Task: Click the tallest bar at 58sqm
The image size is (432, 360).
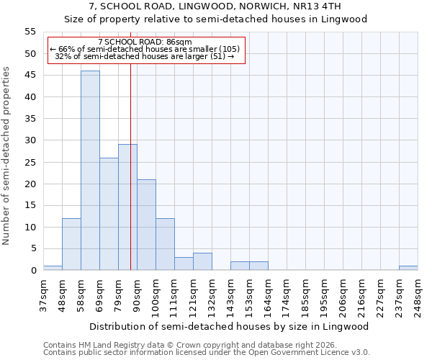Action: [90, 171]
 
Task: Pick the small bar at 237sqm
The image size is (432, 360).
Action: [408, 268]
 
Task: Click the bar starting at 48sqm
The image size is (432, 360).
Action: [71, 244]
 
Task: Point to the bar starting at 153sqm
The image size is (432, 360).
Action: [258, 266]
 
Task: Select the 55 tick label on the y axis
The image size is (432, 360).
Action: [30, 32]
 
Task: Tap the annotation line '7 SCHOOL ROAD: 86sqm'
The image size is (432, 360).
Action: [145, 42]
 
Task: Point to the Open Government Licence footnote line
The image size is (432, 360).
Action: [207, 353]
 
